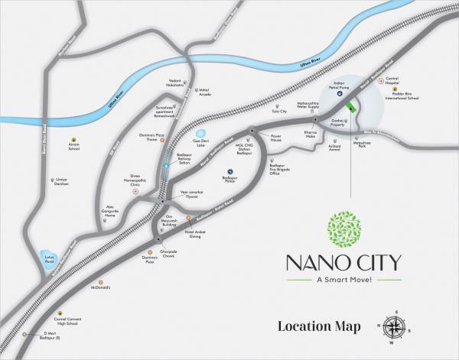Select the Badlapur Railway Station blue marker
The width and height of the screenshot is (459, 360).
[166, 164]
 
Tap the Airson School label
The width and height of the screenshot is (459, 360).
[73, 147]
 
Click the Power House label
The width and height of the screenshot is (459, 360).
[277, 138]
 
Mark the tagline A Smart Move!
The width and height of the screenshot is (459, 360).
[343, 280]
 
